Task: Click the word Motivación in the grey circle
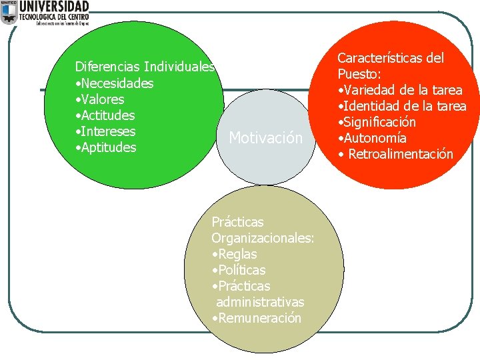click(x=265, y=138)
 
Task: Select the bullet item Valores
click(x=101, y=99)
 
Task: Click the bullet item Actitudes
click(x=107, y=115)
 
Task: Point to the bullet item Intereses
click(x=107, y=131)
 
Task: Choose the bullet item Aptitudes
click(x=107, y=147)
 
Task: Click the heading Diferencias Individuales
click(x=145, y=67)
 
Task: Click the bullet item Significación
click(x=379, y=122)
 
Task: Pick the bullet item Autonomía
click(x=374, y=138)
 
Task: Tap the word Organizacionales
click(x=263, y=238)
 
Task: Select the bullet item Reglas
click(x=235, y=254)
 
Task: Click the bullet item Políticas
click(x=239, y=270)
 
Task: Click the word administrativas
click(x=260, y=302)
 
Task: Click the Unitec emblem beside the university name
click(x=9, y=13)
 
